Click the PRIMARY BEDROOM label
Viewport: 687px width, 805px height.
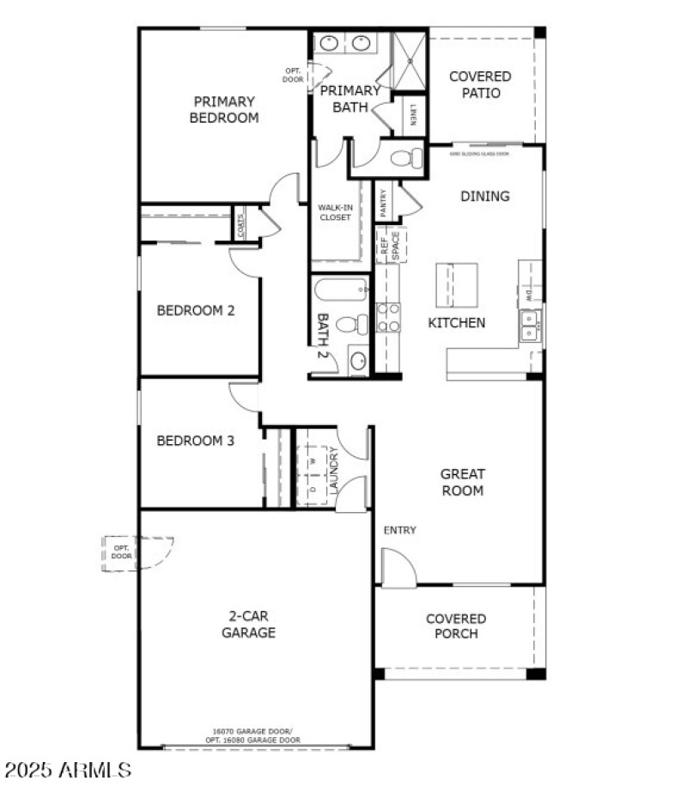pyautogui.click(x=224, y=110)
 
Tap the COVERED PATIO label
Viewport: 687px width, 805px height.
pyautogui.click(x=480, y=84)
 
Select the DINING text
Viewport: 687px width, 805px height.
pyautogui.click(x=485, y=196)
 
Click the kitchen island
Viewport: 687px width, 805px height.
pyautogui.click(x=456, y=284)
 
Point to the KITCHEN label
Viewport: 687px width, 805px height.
pyautogui.click(x=457, y=323)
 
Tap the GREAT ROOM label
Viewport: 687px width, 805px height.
pyautogui.click(x=463, y=482)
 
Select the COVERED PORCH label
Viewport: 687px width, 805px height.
pyautogui.click(x=456, y=626)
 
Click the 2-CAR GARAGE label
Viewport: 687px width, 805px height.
pyautogui.click(x=251, y=625)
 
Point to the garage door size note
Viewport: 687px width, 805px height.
pyautogui.click(x=257, y=735)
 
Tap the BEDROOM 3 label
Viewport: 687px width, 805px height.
pyautogui.click(x=195, y=441)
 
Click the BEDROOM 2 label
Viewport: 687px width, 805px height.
pyautogui.click(x=195, y=310)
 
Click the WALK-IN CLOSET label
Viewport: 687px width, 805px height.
pyautogui.click(x=335, y=212)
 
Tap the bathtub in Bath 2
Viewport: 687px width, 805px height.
pyautogui.click(x=339, y=290)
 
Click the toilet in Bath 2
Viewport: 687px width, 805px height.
pyautogui.click(x=353, y=325)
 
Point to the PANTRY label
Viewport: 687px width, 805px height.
pyautogui.click(x=384, y=203)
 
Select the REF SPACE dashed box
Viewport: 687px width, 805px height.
pyautogui.click(x=391, y=246)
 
